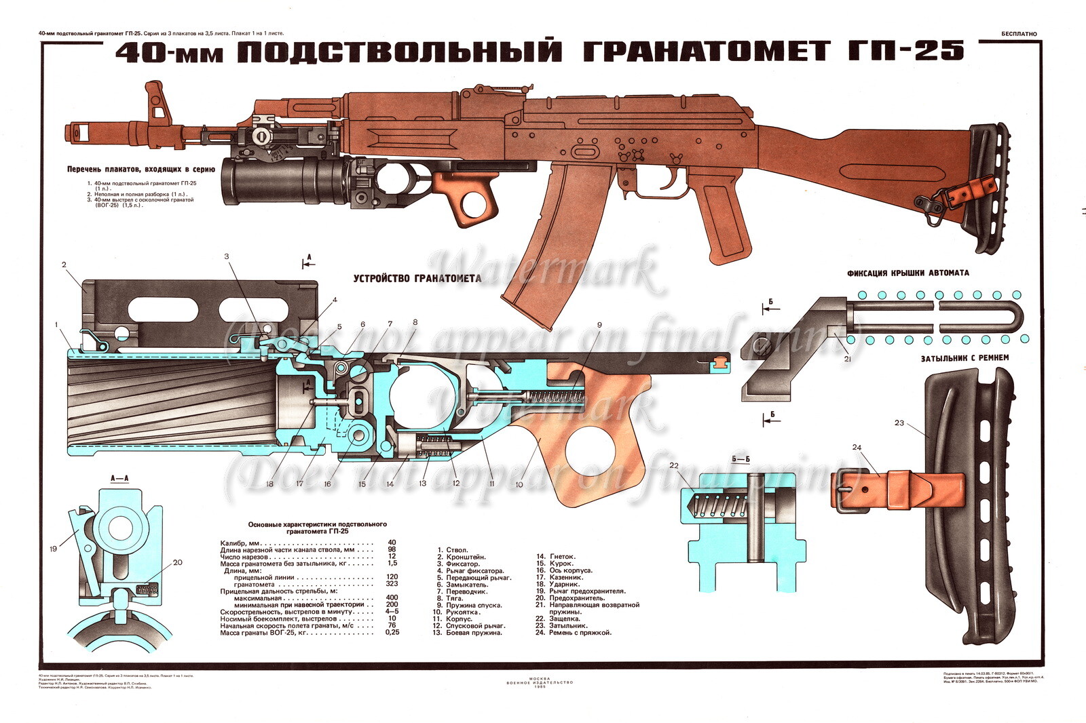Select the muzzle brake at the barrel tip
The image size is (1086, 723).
[81, 130]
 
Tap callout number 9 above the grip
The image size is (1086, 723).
[599, 325]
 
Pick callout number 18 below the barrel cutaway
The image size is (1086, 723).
[269, 484]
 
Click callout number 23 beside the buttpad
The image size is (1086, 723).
[899, 423]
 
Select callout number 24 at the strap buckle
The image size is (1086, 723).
[857, 448]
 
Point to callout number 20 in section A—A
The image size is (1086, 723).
[178, 562]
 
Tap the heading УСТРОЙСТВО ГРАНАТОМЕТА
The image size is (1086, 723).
[417, 278]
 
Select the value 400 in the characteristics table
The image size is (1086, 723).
[392, 598]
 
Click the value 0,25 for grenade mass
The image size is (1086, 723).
[392, 632]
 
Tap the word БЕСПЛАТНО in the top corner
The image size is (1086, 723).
[1018, 33]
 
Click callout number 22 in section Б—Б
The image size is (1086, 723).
[673, 465]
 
